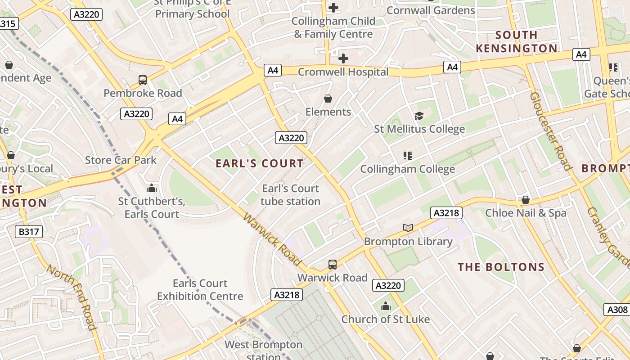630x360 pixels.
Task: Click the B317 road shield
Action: (29, 232)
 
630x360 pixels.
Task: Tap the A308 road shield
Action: (617, 310)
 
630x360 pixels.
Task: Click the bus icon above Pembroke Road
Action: (143, 80)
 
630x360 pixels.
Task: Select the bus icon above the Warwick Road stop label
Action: (333, 264)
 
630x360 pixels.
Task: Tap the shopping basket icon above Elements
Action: (328, 98)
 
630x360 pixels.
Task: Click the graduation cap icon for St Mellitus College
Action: (419, 116)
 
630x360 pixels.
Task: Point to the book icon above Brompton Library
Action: (408, 228)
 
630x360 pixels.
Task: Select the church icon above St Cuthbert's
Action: (152, 188)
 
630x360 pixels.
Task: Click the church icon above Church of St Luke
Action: (385, 306)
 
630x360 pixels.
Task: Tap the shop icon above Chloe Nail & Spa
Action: (525, 199)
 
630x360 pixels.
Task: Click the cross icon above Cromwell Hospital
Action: (343, 58)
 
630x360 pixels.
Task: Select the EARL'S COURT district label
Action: (260, 163)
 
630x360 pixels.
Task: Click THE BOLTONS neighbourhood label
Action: (501, 267)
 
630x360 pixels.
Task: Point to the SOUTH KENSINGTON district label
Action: (517, 41)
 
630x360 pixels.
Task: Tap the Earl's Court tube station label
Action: (291, 195)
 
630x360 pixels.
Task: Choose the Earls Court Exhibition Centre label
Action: (200, 290)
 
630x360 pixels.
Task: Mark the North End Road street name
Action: (72, 297)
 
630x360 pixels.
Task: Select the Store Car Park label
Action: (121, 160)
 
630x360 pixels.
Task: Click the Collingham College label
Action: (408, 169)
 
